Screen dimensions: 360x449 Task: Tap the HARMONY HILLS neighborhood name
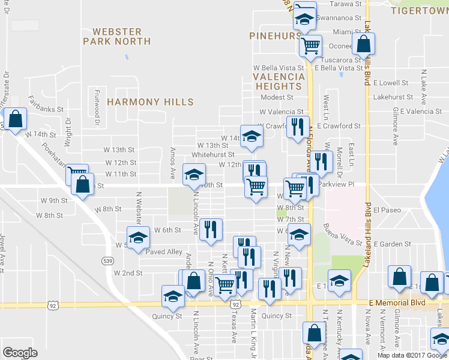coord(150,102)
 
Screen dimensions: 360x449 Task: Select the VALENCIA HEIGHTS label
coord(279,82)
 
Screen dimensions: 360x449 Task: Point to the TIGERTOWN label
coord(419,10)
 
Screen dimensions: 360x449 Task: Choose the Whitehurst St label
coord(211,155)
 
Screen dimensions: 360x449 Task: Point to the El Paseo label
coord(387,211)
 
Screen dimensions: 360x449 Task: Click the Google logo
coord(19,352)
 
